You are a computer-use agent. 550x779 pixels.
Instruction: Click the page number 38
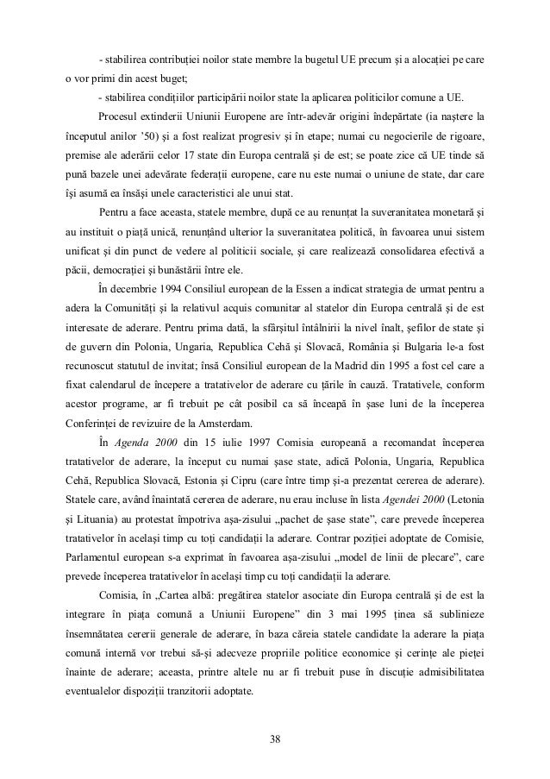pos(274,738)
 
